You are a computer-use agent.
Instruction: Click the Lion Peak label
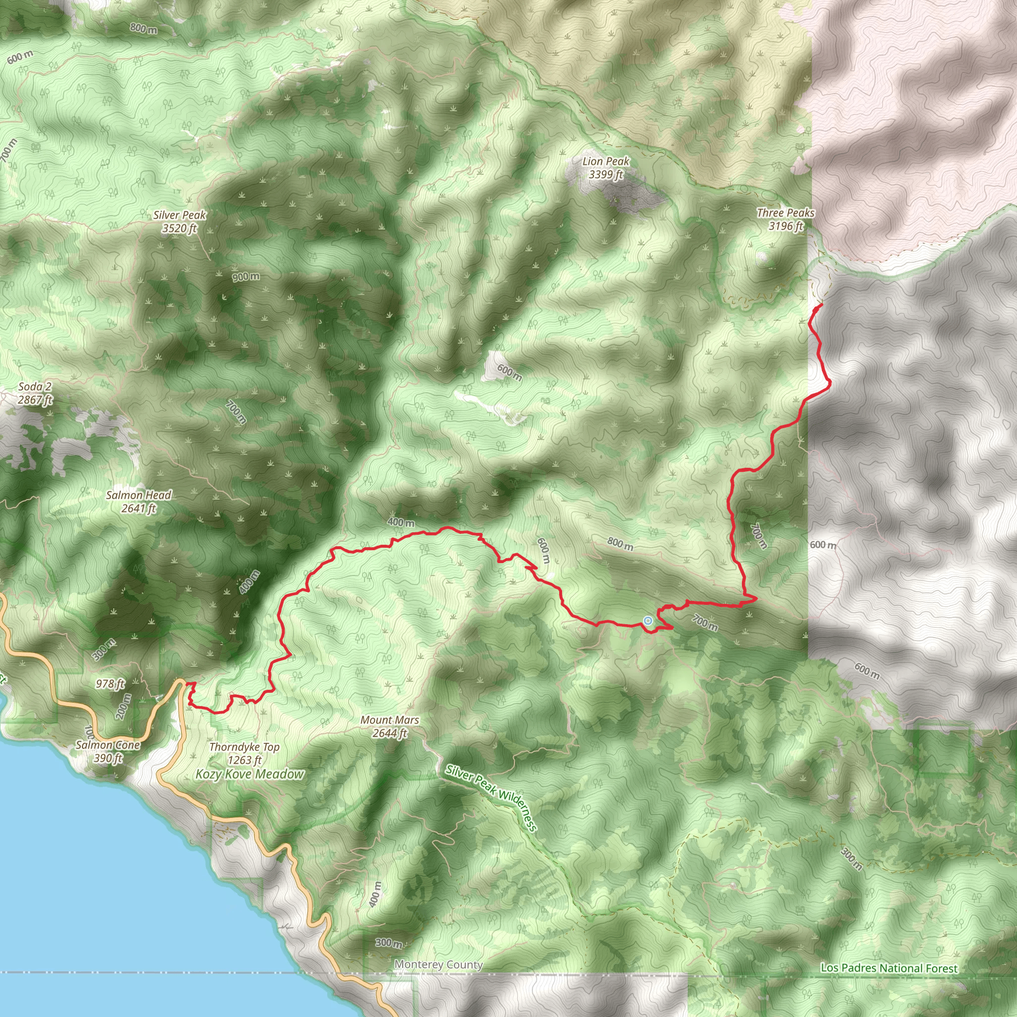[605, 161]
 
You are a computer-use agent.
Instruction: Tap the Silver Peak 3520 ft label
[179, 221]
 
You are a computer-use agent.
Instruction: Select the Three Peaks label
[786, 213]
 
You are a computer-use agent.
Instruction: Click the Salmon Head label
[139, 495]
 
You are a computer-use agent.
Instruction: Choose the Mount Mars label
[389, 720]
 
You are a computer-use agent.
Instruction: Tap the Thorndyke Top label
[244, 747]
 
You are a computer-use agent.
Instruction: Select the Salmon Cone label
[107, 745]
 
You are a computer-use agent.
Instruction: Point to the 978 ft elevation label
[110, 684]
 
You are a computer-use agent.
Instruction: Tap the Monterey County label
[438, 965]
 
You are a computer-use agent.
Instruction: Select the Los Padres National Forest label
[889, 968]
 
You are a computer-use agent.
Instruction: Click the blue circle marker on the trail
[648, 621]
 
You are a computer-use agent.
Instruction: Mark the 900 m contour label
[246, 277]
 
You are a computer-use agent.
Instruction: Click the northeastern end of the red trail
[822, 305]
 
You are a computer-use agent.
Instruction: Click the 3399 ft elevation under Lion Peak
[606, 175]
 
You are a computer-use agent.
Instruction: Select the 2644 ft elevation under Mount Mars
[389, 733]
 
